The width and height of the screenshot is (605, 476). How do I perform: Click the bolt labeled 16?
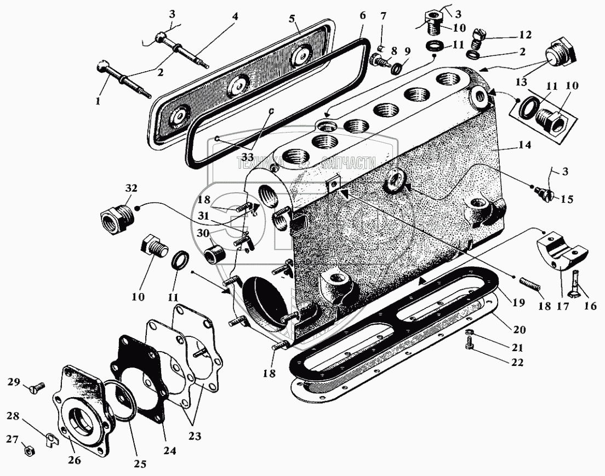(x=575, y=283)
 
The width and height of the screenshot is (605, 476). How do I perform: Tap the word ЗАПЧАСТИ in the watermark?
(x=350, y=162)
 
